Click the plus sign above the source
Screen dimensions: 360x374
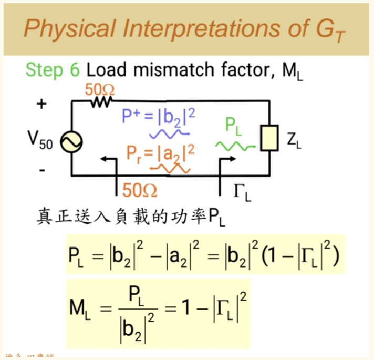40,104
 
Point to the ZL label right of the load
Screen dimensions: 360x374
294,141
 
